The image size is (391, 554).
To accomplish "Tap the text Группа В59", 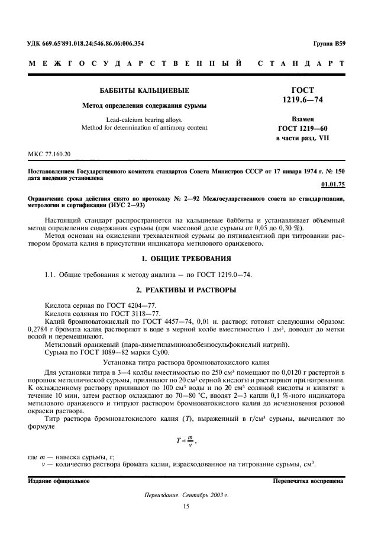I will pyautogui.click(x=328, y=44).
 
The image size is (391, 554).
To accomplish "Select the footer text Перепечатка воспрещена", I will pyautogui.click(x=308, y=481).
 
